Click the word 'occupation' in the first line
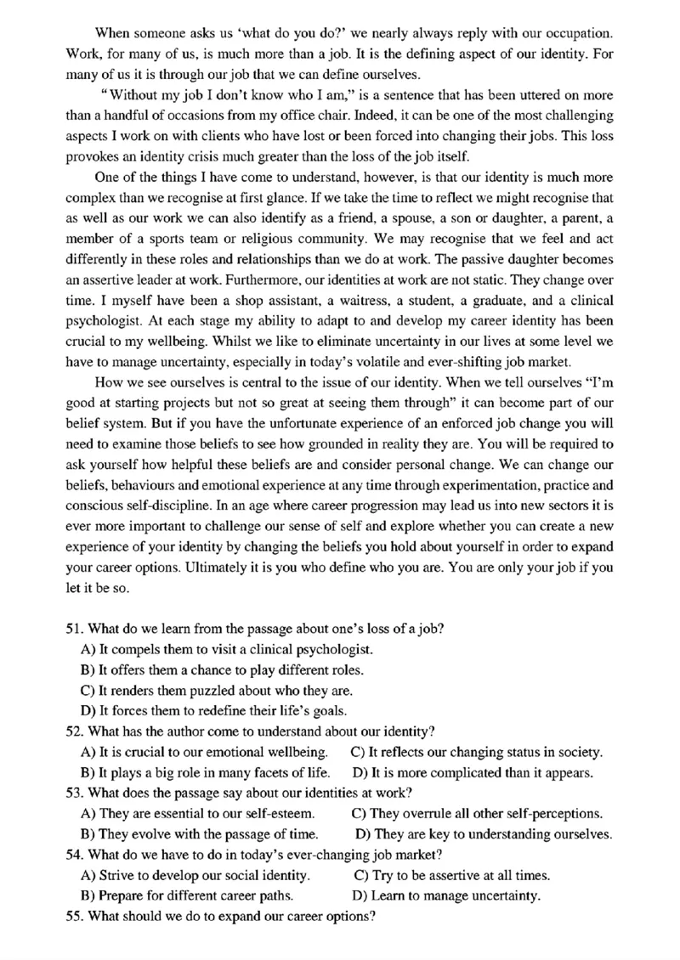coord(575,34)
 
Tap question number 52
coord(73,731)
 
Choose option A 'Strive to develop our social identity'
coord(195,875)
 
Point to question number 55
coord(73,916)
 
